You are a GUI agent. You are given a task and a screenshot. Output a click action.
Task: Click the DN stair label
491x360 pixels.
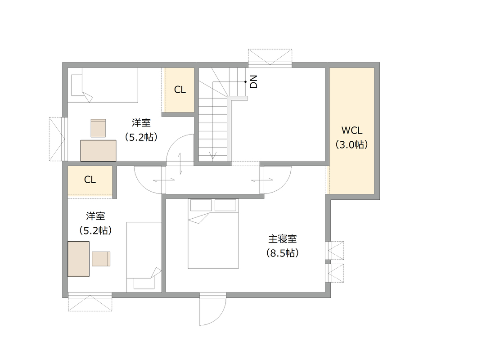tap(254, 82)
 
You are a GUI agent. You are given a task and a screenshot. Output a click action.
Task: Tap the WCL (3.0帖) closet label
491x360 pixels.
tap(351, 137)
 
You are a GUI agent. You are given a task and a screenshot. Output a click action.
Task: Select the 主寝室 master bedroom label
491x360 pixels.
tap(283, 239)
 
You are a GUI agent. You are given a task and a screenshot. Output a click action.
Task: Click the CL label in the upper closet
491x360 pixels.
tap(180, 90)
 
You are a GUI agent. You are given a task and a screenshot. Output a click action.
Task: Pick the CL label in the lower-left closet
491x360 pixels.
tap(90, 180)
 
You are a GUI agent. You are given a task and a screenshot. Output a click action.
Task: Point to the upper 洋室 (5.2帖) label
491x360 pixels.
tap(141, 130)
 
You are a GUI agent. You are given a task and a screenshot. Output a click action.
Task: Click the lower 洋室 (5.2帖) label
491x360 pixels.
tap(95, 223)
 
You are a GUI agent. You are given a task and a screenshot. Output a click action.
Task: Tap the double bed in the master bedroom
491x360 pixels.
tap(213, 233)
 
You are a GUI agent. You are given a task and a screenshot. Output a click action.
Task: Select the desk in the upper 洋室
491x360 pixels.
tap(98, 151)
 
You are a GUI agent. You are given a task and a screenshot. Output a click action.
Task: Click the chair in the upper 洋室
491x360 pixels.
tap(98, 128)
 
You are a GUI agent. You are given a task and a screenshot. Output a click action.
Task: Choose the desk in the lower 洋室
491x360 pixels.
tap(79, 259)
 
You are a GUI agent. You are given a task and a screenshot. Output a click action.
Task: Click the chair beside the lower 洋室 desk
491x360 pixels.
tap(101, 259)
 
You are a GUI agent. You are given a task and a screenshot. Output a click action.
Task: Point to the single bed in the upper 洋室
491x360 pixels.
tap(103, 85)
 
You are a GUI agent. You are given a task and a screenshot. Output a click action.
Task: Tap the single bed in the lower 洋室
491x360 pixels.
tap(144, 257)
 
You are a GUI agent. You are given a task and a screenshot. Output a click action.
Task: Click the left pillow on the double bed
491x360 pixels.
tap(201, 205)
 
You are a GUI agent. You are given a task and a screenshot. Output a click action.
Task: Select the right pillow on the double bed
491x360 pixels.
tap(225, 205)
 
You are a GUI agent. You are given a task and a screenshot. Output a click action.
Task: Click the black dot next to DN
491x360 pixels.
tap(246, 82)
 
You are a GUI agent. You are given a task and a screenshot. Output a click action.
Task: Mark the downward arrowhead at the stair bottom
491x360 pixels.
tap(213, 156)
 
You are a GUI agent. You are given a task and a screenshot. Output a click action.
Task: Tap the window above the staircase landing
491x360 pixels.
tap(270, 58)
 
